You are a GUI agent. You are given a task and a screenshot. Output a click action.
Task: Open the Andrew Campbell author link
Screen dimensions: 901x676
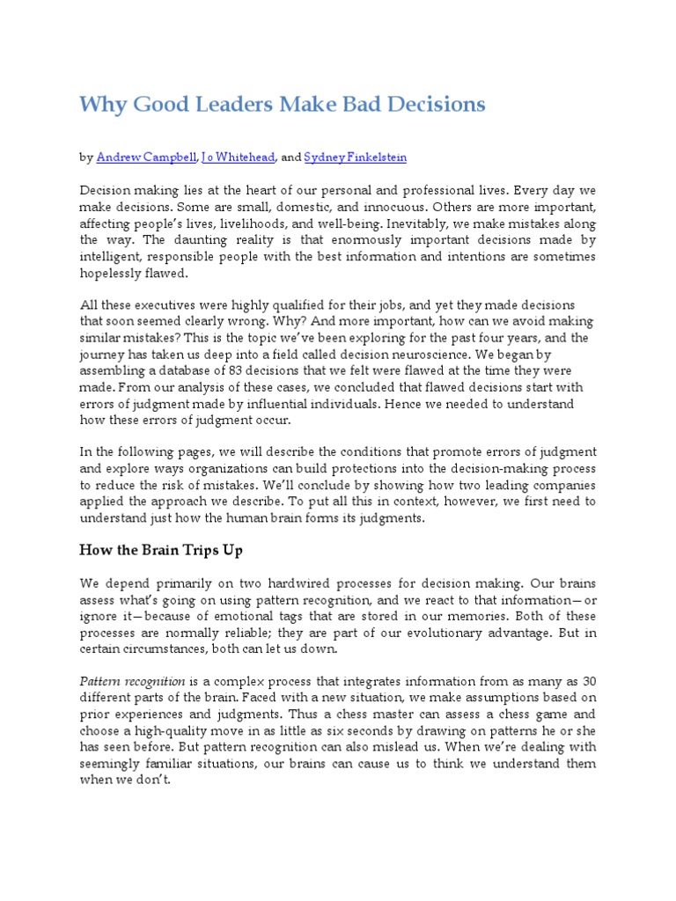pos(147,157)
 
